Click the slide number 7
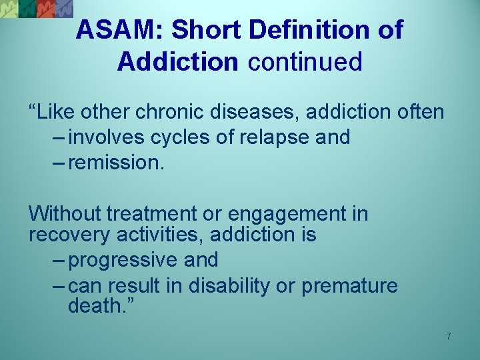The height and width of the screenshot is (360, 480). (x=449, y=336)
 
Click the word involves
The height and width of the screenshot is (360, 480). (x=107, y=137)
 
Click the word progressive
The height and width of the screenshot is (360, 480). (x=117, y=260)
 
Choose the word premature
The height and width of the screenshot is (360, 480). (x=349, y=287)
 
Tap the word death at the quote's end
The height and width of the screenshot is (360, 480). (x=94, y=307)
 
